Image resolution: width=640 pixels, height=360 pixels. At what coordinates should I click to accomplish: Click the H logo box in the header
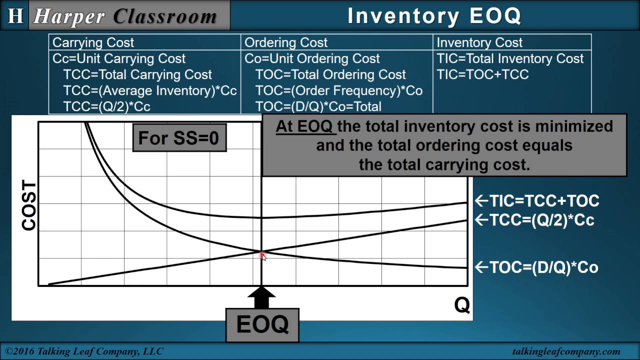click(x=15, y=15)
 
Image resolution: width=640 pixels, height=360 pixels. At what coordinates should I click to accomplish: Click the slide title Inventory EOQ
click(x=434, y=16)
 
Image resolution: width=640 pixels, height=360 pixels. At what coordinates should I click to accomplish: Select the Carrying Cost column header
click(x=93, y=42)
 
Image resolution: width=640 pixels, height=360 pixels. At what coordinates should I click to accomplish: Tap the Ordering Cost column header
click(x=286, y=42)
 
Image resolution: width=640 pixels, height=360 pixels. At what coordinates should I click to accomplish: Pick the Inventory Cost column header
click(x=479, y=42)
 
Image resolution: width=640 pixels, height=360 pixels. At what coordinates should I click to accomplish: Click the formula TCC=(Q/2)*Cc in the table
click(x=106, y=106)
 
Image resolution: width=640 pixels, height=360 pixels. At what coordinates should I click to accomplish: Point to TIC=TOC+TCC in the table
click(x=482, y=74)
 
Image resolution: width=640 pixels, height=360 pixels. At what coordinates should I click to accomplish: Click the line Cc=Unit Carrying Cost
click(x=119, y=58)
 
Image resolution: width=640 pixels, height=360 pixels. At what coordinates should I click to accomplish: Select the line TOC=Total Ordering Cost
click(x=330, y=74)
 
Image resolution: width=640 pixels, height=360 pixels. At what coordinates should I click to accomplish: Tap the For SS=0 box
click(x=179, y=138)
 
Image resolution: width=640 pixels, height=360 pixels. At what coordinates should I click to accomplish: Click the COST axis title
click(x=29, y=205)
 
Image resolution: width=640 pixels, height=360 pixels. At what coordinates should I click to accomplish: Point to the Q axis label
click(x=461, y=305)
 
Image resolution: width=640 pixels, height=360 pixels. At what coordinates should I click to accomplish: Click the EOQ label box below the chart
click(x=262, y=324)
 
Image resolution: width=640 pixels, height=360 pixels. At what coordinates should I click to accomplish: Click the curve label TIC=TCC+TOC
click(x=537, y=201)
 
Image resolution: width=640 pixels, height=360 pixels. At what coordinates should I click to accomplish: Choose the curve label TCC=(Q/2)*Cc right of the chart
click(x=534, y=220)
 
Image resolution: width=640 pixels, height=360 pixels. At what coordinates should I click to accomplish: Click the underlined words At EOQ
click(x=304, y=126)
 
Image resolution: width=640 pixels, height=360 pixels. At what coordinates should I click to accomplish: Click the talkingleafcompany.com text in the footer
click(x=566, y=351)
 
